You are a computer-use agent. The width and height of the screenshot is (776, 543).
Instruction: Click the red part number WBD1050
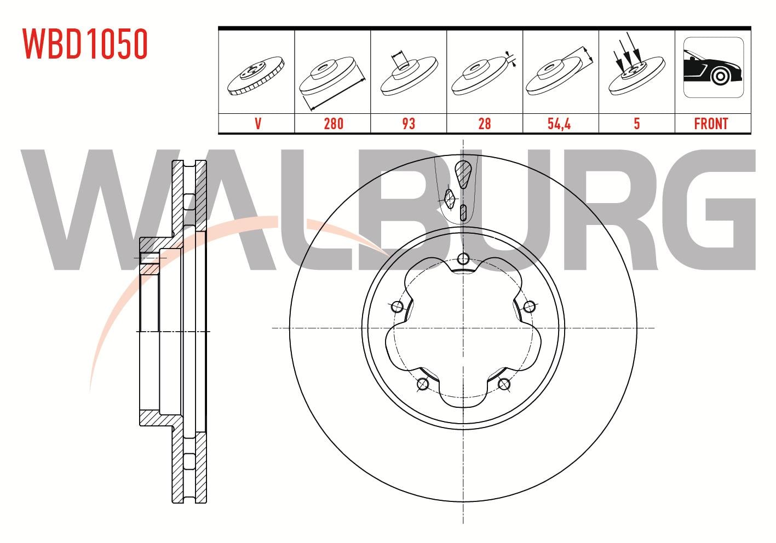[85, 44]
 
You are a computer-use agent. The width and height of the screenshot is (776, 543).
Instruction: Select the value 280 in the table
[334, 124]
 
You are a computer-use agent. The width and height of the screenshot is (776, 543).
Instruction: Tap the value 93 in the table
[409, 124]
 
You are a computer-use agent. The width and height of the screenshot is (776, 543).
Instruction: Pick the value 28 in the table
[484, 124]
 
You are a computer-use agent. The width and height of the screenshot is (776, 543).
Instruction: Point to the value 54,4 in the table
[559, 124]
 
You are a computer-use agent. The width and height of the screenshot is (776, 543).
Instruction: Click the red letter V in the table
[258, 124]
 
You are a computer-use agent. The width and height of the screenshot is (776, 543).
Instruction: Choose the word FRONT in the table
[711, 124]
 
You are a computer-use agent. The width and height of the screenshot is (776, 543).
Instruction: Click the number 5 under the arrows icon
[637, 124]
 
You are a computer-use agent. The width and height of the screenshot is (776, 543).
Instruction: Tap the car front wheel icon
[714, 67]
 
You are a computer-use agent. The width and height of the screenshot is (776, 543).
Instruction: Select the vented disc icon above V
[256, 76]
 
